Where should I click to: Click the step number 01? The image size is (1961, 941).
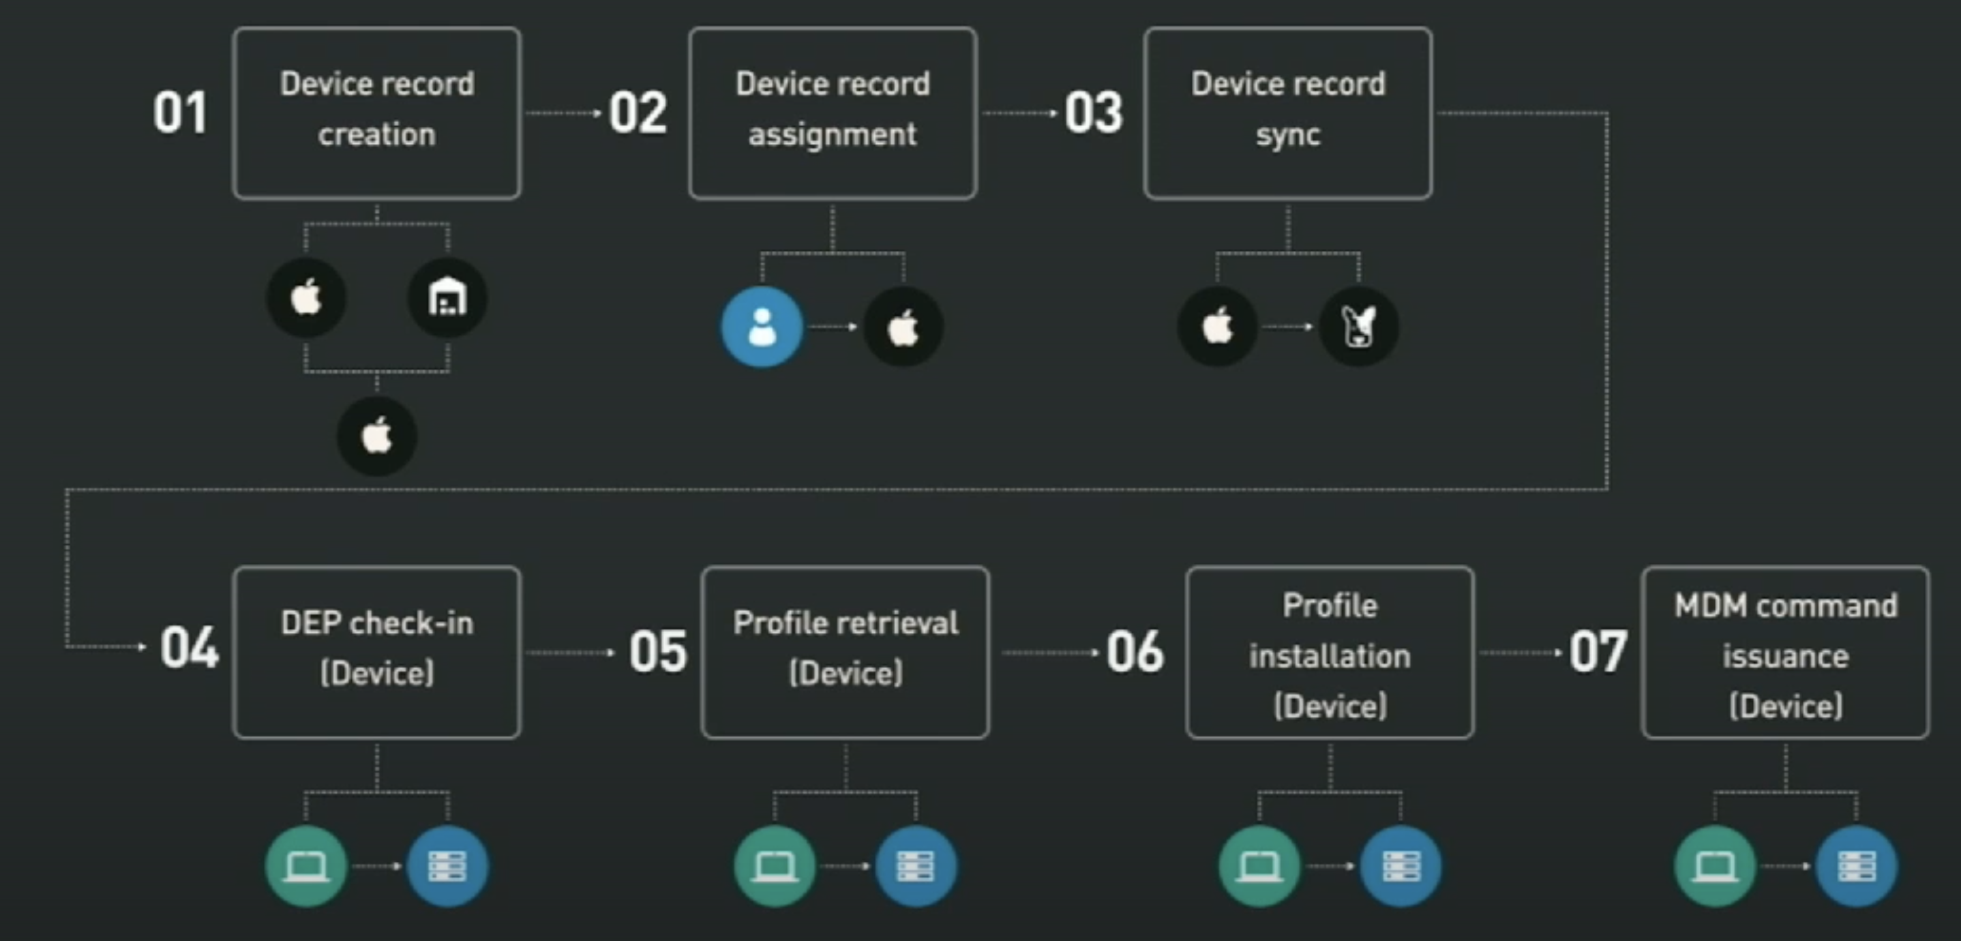[x=179, y=113]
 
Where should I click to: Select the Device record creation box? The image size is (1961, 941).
[x=377, y=113]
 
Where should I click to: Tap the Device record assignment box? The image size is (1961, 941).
[x=832, y=113]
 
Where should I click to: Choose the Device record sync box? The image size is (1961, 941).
[x=1287, y=113]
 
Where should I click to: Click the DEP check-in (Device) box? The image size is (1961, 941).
[x=377, y=652]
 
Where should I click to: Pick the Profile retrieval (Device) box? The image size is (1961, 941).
[x=845, y=652]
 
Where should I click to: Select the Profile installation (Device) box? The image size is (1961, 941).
[x=1329, y=652]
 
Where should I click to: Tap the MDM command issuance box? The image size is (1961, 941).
[x=1784, y=652]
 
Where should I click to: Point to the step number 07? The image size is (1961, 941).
[x=1597, y=652]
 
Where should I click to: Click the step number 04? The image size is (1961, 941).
[x=189, y=648]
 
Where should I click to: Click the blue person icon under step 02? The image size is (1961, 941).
[x=761, y=327]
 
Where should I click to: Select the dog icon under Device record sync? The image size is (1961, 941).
[x=1359, y=327]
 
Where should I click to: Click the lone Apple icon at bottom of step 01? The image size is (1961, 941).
[x=377, y=436]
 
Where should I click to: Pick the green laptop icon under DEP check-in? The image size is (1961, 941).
[x=306, y=865]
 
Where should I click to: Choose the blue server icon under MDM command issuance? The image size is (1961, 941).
[x=1856, y=865]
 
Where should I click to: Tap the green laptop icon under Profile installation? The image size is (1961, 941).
[x=1259, y=865]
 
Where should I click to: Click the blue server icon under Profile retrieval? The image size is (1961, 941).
[x=916, y=865]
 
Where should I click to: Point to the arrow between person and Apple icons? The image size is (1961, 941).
[x=832, y=327]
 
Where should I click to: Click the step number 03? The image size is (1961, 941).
[x=1093, y=113]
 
